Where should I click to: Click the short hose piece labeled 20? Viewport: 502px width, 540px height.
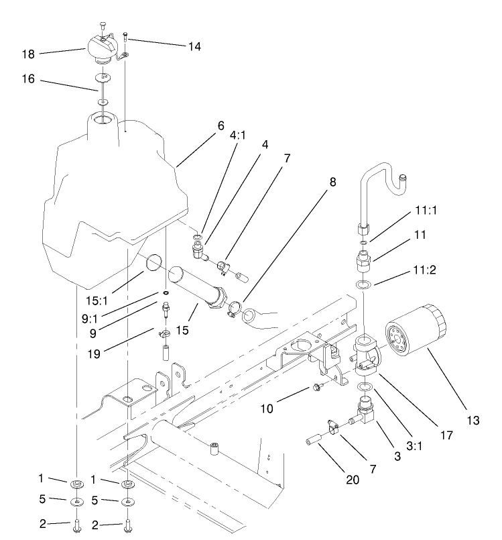click(314, 446)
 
